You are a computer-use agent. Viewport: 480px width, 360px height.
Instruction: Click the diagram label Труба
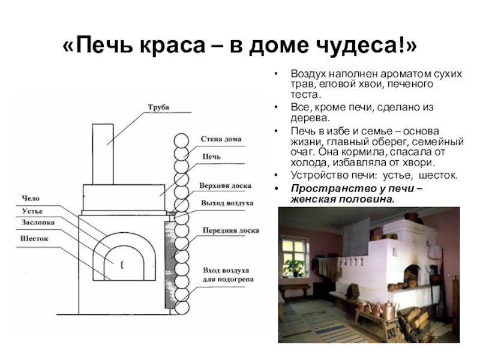pyautogui.click(x=158, y=107)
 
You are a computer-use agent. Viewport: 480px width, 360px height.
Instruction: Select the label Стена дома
pyautogui.click(x=221, y=139)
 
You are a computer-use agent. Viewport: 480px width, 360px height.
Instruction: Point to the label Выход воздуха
pyautogui.click(x=227, y=203)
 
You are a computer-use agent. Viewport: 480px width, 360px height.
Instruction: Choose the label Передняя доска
pyautogui.click(x=230, y=230)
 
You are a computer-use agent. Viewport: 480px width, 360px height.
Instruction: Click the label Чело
pyautogui.click(x=31, y=198)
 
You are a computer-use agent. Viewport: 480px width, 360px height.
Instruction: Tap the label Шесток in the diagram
pyautogui.click(x=35, y=238)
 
